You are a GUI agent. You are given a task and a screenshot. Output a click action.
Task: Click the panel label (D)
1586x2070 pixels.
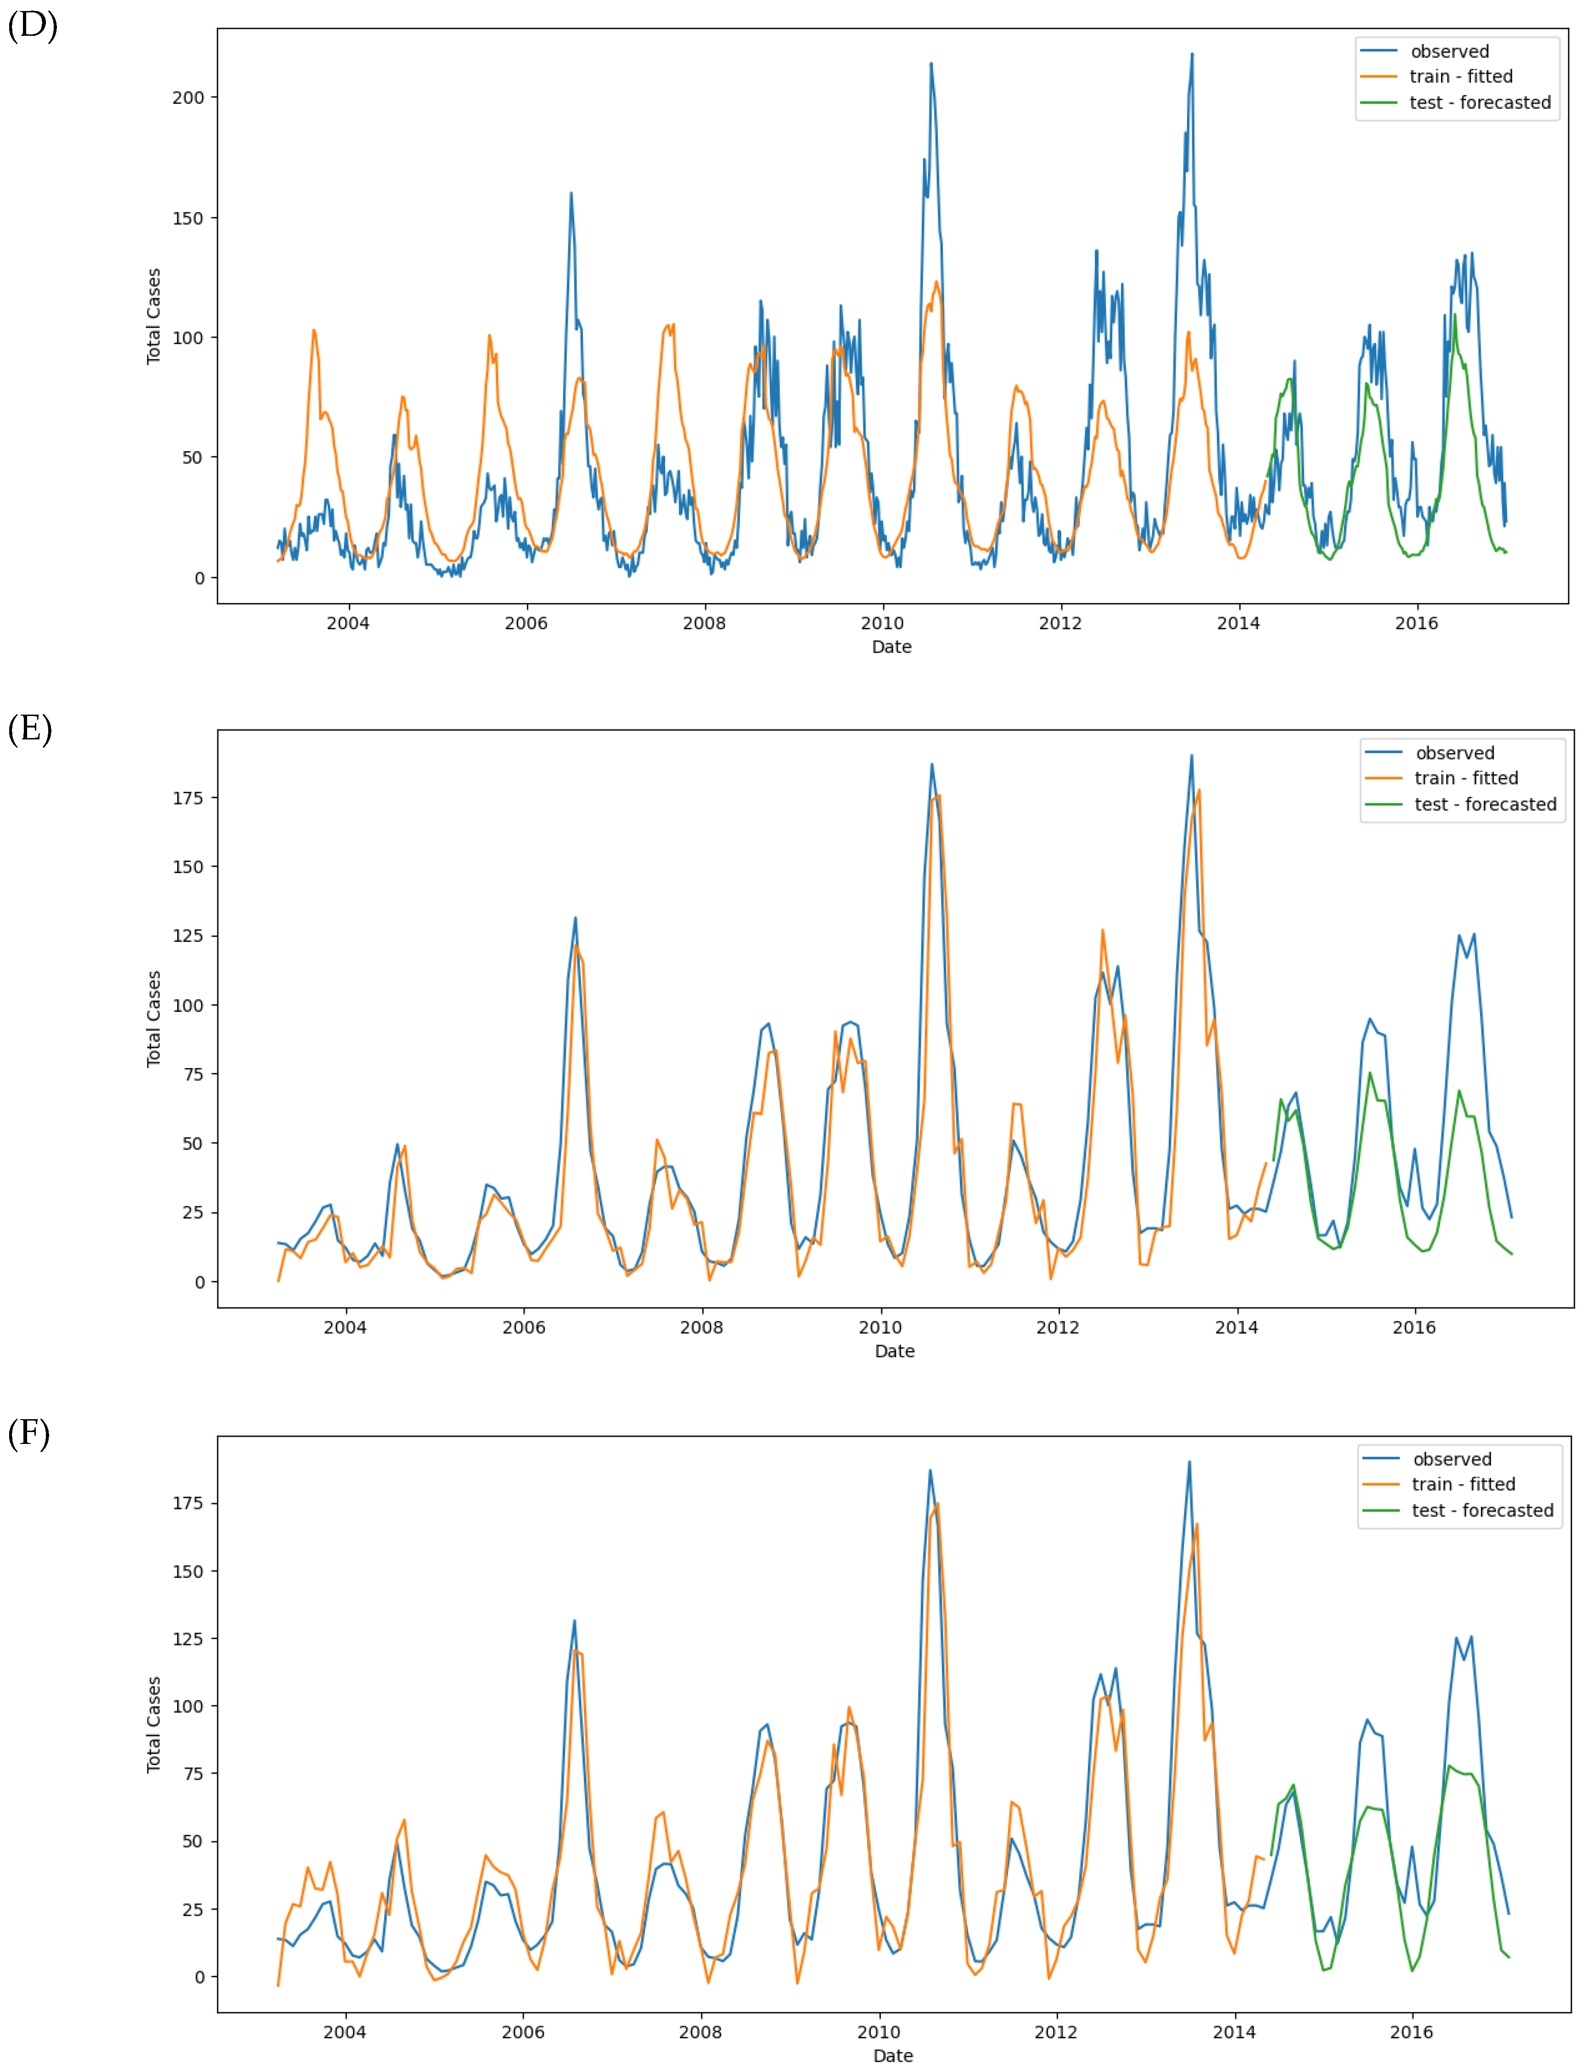coord(32,26)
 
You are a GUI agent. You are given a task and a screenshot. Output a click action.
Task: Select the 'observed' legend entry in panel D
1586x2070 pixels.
coord(1449,51)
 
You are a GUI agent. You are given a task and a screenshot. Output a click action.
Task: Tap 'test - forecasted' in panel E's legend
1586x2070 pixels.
coord(1485,804)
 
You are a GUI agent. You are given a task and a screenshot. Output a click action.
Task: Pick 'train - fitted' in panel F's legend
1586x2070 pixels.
coord(1463,1484)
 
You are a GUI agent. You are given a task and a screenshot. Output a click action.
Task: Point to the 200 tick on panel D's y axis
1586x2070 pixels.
coord(188,97)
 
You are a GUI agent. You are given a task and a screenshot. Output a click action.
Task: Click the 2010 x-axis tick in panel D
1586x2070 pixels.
coord(882,623)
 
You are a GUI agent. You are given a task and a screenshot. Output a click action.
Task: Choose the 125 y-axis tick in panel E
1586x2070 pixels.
coord(188,935)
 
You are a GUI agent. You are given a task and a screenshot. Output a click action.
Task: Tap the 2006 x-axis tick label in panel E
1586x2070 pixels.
coord(523,1327)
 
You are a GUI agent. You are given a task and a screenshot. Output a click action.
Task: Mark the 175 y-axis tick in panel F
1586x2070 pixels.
coord(188,1503)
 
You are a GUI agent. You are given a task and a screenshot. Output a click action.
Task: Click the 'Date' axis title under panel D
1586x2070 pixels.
coord(891,647)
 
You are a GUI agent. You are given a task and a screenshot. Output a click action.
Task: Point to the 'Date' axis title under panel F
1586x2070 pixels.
coord(892,2055)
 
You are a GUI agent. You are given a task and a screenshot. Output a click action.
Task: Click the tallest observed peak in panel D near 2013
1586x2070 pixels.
coord(1191,55)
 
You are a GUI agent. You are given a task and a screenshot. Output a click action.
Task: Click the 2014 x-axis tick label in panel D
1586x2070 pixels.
coord(1238,623)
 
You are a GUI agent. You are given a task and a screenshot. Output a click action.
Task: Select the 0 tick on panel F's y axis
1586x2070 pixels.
coord(199,1976)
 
